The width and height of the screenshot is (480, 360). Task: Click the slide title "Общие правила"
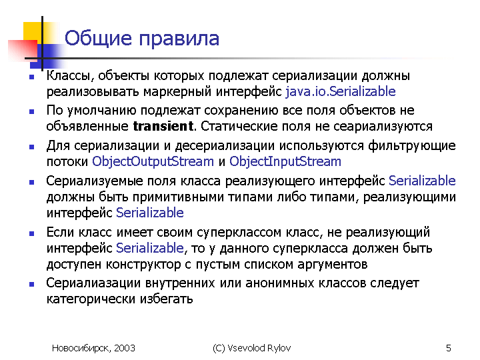tap(142, 39)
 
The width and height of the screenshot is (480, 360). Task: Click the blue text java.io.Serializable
tap(341, 91)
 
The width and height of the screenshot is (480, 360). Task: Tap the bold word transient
tap(163, 126)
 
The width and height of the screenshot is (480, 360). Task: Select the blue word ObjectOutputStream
tap(153, 161)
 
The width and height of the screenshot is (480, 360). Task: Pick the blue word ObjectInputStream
tap(285, 161)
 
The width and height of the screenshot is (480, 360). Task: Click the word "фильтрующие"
tap(412, 146)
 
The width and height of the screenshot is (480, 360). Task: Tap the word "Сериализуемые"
tap(95, 181)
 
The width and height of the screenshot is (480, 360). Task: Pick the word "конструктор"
tap(143, 264)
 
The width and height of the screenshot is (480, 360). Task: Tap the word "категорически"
tap(91, 299)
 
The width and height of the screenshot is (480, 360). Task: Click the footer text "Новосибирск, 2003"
tap(93, 348)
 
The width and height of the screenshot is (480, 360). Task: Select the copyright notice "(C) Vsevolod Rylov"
tap(251, 348)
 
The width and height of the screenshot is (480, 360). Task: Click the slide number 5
tap(449, 348)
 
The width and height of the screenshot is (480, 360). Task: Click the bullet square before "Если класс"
tap(31, 233)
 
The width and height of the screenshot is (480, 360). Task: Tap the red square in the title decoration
tap(22, 51)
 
